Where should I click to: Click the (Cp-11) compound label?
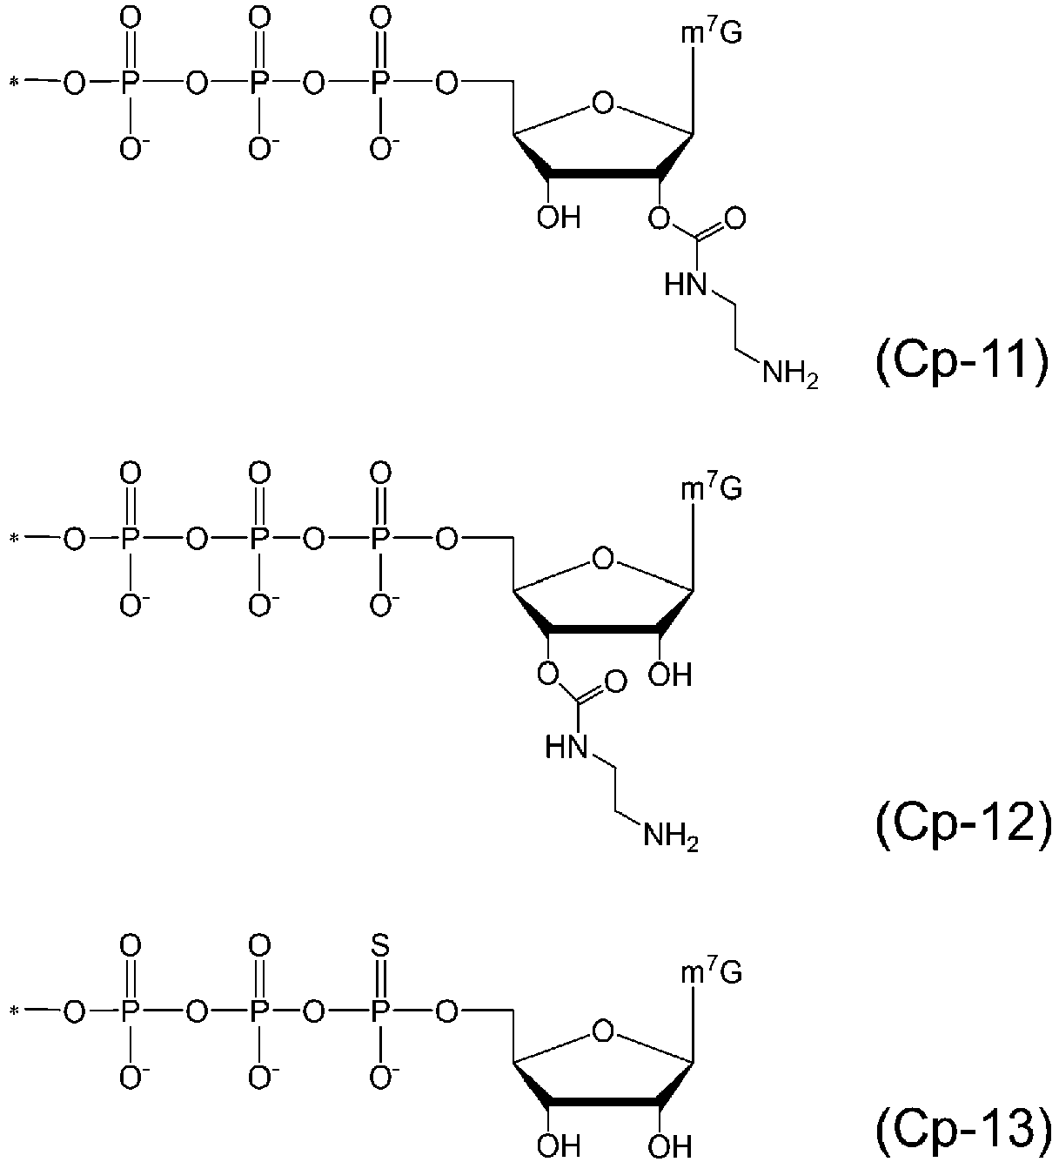click(962, 364)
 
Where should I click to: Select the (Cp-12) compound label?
click(962, 824)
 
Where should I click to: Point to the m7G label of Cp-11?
click(711, 33)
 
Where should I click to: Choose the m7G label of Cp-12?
click(711, 488)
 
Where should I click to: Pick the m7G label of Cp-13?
click(711, 971)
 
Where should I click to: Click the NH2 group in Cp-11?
click(790, 373)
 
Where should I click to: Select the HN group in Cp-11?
click(687, 285)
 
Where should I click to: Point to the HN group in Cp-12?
click(566, 747)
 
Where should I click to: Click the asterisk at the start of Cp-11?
click(14, 83)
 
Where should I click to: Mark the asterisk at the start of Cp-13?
click(14, 1011)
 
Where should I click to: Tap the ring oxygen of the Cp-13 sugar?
click(603, 1032)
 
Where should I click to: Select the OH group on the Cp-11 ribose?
click(559, 218)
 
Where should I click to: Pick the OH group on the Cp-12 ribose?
click(670, 675)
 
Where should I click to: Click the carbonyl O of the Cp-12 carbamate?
click(615, 682)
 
